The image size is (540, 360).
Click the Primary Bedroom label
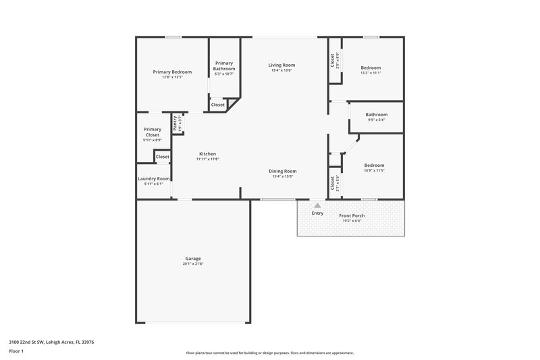[x=172, y=72]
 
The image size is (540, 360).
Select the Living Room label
[x=283, y=65]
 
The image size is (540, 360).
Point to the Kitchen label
[x=207, y=153]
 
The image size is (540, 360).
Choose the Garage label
[x=193, y=258]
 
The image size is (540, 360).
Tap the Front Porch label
[x=352, y=215]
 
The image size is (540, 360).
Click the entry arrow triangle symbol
[x=317, y=205]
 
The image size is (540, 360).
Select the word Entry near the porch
[x=317, y=213]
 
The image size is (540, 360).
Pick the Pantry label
[x=174, y=123]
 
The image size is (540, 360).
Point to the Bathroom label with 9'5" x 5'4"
[x=377, y=115]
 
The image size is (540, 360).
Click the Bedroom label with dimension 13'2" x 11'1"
[x=371, y=68]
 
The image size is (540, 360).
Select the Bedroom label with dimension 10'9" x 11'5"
[x=374, y=165]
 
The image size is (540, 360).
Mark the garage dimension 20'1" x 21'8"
[x=193, y=264]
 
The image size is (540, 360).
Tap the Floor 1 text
[x=16, y=352]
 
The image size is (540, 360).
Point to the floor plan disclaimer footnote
[x=270, y=353]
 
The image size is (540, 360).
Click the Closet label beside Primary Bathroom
[x=218, y=105]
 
